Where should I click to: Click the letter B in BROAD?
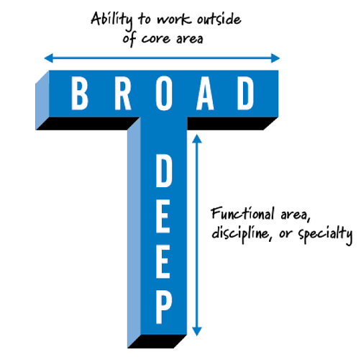80,94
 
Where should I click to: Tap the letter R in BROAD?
123,94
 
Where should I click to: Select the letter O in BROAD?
164,94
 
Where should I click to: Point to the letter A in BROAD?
205,94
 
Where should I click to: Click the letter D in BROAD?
246,94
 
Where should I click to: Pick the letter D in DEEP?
164,171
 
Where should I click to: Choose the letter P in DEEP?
164,307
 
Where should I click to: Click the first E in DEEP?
163,217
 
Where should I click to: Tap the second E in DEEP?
163,262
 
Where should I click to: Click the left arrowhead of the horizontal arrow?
48,58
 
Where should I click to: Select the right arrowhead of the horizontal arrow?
275,58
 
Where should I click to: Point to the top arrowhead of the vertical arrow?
197,139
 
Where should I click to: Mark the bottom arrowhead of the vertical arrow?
197,331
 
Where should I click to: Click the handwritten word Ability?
111,20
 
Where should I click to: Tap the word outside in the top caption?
219,19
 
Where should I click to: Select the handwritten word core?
155,39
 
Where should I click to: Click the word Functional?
242,213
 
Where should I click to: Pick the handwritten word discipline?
240,233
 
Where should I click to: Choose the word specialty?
325,234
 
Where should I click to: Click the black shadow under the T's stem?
157,341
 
